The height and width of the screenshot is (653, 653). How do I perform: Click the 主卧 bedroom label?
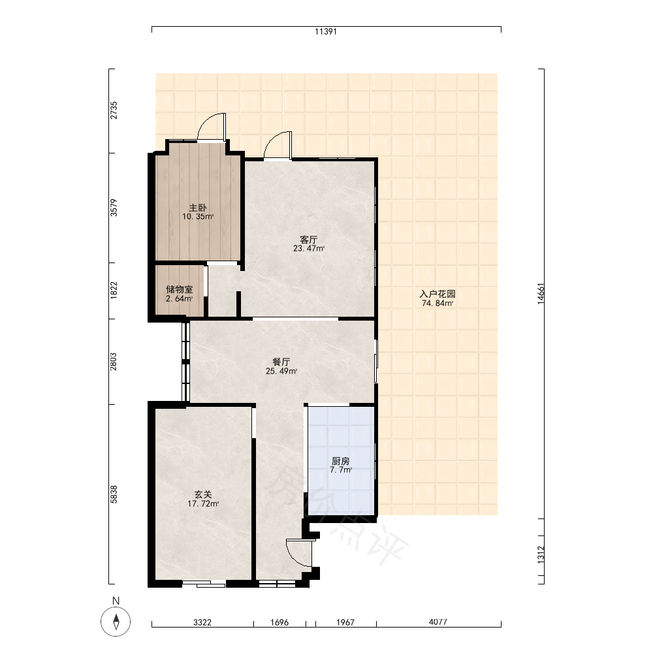[x=198, y=208]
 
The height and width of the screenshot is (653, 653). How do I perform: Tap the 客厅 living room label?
[x=309, y=240]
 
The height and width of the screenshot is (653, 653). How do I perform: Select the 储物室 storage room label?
[x=180, y=289]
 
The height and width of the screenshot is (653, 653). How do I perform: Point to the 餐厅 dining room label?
[x=281, y=362]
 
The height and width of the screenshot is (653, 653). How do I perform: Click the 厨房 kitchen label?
[x=341, y=461]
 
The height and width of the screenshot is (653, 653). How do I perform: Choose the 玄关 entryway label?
[x=203, y=494]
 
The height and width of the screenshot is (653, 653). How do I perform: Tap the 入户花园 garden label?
[x=438, y=294]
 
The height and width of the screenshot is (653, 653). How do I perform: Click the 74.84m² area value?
[x=438, y=303]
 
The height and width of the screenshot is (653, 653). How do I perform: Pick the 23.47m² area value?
[x=309, y=249]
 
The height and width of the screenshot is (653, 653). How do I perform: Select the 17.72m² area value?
[x=203, y=504]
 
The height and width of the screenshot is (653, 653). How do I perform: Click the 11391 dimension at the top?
[x=326, y=31]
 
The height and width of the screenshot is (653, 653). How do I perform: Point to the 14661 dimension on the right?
[x=541, y=294]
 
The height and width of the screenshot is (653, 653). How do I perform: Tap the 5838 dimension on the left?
[x=114, y=494]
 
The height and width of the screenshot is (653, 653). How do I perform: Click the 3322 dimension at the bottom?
[x=202, y=622]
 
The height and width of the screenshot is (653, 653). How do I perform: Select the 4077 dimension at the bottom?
[x=438, y=622]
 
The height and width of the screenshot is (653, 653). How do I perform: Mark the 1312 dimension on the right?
[x=541, y=554]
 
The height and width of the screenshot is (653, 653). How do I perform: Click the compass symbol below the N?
[x=116, y=622]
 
